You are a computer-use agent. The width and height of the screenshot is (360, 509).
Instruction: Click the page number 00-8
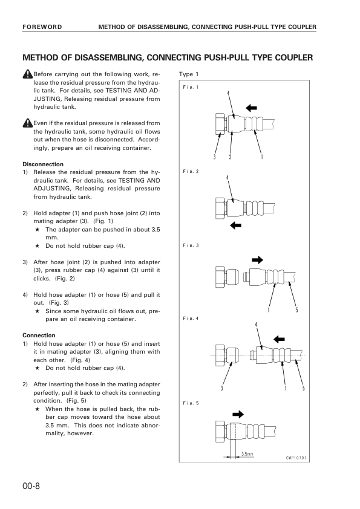pyautogui.click(x=31, y=486)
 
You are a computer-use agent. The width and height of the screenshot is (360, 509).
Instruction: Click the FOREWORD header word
pyautogui.click(x=42, y=27)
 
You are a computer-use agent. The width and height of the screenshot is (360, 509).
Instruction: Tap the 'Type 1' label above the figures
pyautogui.click(x=188, y=74)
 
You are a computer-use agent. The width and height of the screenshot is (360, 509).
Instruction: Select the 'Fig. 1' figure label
pyautogui.click(x=191, y=87)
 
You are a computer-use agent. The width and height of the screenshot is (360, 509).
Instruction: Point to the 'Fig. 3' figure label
pyautogui.click(x=191, y=245)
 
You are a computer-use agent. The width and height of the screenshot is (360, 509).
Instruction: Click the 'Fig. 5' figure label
pyautogui.click(x=191, y=403)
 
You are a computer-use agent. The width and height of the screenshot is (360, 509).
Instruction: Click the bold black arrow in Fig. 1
pyautogui.click(x=251, y=108)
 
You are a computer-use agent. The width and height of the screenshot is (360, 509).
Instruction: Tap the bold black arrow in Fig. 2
pyautogui.click(x=235, y=225)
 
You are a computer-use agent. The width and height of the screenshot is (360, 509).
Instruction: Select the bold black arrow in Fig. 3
pyautogui.click(x=257, y=260)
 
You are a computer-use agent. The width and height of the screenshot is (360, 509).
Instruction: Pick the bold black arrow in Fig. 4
pyautogui.click(x=279, y=340)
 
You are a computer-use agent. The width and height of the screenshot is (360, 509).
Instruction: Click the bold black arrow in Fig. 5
pyautogui.click(x=238, y=414)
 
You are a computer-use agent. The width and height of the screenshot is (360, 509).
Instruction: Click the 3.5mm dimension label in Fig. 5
pyautogui.click(x=247, y=454)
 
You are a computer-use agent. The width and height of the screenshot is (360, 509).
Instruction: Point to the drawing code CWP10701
pyautogui.click(x=296, y=458)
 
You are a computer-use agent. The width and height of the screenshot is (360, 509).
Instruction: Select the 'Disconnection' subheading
pyautogui.click(x=43, y=164)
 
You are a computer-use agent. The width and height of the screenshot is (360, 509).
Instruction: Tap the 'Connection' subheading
pyautogui.click(x=39, y=336)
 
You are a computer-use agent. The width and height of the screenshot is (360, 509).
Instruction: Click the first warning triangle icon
pyautogui.click(x=28, y=74)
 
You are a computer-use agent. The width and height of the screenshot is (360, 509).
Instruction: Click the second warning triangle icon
pyautogui.click(x=28, y=123)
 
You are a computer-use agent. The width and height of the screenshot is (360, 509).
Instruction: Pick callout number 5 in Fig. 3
pyautogui.click(x=296, y=310)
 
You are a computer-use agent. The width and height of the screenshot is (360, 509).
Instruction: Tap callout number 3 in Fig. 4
pyautogui.click(x=222, y=388)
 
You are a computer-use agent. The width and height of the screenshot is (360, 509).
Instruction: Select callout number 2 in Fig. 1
pyautogui.click(x=230, y=157)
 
